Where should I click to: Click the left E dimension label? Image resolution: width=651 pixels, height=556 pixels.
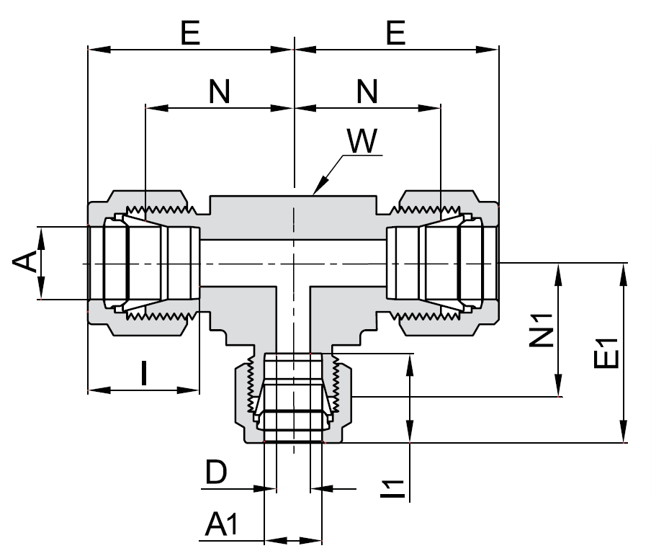[x=190, y=34]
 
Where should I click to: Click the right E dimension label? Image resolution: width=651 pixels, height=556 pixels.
[x=395, y=34]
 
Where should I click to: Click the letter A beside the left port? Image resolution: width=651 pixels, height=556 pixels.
[x=24, y=263]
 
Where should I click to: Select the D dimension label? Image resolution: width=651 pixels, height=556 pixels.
[x=216, y=473]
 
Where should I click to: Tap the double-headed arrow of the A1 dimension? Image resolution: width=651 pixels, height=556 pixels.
[x=293, y=539]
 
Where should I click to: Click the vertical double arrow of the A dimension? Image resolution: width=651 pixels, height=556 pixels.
[x=41, y=263]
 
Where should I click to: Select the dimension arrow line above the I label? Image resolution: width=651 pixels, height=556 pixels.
[x=143, y=390]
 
